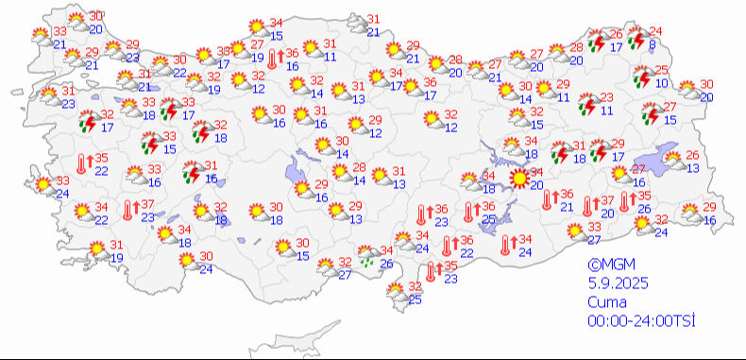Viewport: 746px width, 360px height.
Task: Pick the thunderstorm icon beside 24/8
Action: pos(638,38)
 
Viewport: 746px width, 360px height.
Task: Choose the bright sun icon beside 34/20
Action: pos(517,178)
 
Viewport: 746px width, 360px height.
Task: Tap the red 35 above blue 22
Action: pos(102,158)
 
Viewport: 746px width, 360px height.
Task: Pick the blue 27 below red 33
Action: pos(593,240)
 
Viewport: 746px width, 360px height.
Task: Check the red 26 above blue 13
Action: pos(692,155)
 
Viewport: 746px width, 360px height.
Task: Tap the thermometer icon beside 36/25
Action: pos(469,213)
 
